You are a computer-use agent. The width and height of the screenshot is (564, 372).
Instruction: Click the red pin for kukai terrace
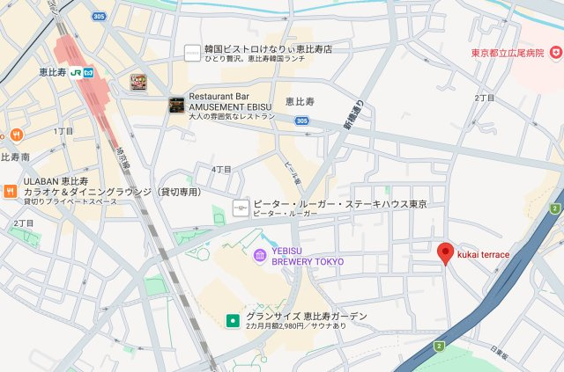coord(446,252)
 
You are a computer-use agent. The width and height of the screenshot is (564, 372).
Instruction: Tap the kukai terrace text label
coord(483,254)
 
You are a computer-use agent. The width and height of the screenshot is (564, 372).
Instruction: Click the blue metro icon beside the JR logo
coord(88,72)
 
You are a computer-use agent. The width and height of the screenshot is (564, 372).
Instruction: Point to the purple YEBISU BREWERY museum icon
coord(260,255)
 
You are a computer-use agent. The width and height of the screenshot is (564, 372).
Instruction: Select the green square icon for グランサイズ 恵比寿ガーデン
coord(233,321)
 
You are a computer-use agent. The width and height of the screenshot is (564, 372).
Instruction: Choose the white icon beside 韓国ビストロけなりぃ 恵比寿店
coord(191,54)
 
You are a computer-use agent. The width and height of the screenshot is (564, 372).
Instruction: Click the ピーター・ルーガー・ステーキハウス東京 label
coord(339,204)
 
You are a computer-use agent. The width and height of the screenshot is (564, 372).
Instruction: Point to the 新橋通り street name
coord(353,115)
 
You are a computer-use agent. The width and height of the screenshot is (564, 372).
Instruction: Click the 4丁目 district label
coord(221,169)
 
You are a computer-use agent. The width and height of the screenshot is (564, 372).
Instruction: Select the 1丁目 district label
coord(63,131)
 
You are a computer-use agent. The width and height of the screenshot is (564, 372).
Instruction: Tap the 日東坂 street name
coord(500,353)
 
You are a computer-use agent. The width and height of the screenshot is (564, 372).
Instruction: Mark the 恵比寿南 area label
coord(15,157)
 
